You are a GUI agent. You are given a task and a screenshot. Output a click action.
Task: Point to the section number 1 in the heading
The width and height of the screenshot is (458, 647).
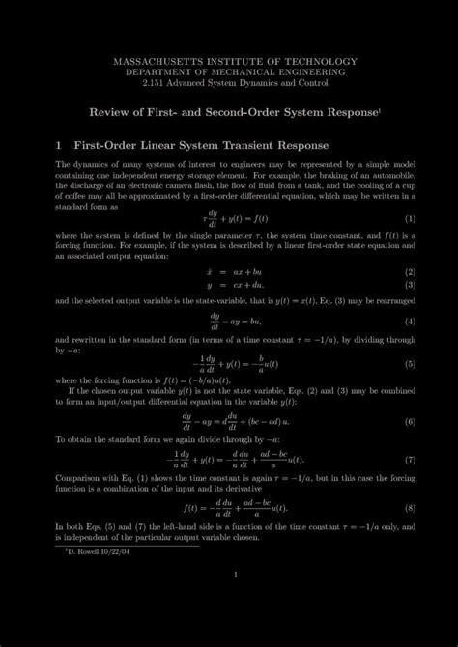58,147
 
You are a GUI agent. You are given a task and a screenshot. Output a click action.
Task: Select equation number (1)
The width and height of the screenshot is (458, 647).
410,218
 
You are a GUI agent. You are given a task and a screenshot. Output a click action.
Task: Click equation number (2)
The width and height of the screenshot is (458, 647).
410,271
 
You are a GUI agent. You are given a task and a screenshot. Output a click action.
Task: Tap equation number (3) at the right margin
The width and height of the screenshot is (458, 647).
410,285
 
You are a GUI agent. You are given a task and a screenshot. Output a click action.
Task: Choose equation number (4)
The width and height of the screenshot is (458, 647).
410,321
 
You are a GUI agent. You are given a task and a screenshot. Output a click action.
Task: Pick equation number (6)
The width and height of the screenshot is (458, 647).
410,421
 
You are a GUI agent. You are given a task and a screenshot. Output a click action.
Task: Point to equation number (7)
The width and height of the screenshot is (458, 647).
410,460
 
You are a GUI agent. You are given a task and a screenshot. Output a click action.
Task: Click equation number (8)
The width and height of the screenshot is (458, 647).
410,507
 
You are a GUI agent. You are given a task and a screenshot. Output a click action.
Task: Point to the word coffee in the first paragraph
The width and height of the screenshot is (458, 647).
75,198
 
